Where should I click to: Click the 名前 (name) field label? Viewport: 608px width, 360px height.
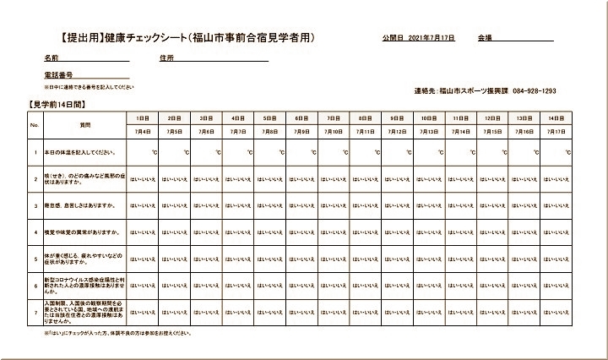click(52, 58)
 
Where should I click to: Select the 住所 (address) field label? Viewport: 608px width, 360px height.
click(166, 58)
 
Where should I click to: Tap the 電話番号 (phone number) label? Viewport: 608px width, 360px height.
click(60, 76)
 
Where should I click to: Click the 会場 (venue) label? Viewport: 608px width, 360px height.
click(485, 39)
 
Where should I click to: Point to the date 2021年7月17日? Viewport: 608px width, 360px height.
click(431, 39)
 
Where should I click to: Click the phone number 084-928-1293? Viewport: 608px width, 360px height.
click(534, 90)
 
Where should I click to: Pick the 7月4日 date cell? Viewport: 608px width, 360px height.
click(143, 132)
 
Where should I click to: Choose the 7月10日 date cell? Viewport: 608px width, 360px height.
click(333, 132)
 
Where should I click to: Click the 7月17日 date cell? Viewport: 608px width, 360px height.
click(555, 132)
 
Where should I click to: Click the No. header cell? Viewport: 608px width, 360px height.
click(35, 124)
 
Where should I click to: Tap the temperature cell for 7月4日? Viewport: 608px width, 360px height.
click(143, 152)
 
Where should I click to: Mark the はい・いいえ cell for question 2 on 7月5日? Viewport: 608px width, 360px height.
click(175, 178)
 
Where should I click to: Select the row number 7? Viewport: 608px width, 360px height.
click(35, 311)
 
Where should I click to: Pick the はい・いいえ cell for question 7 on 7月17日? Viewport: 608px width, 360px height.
click(555, 311)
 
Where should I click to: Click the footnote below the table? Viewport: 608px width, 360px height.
click(118, 334)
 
